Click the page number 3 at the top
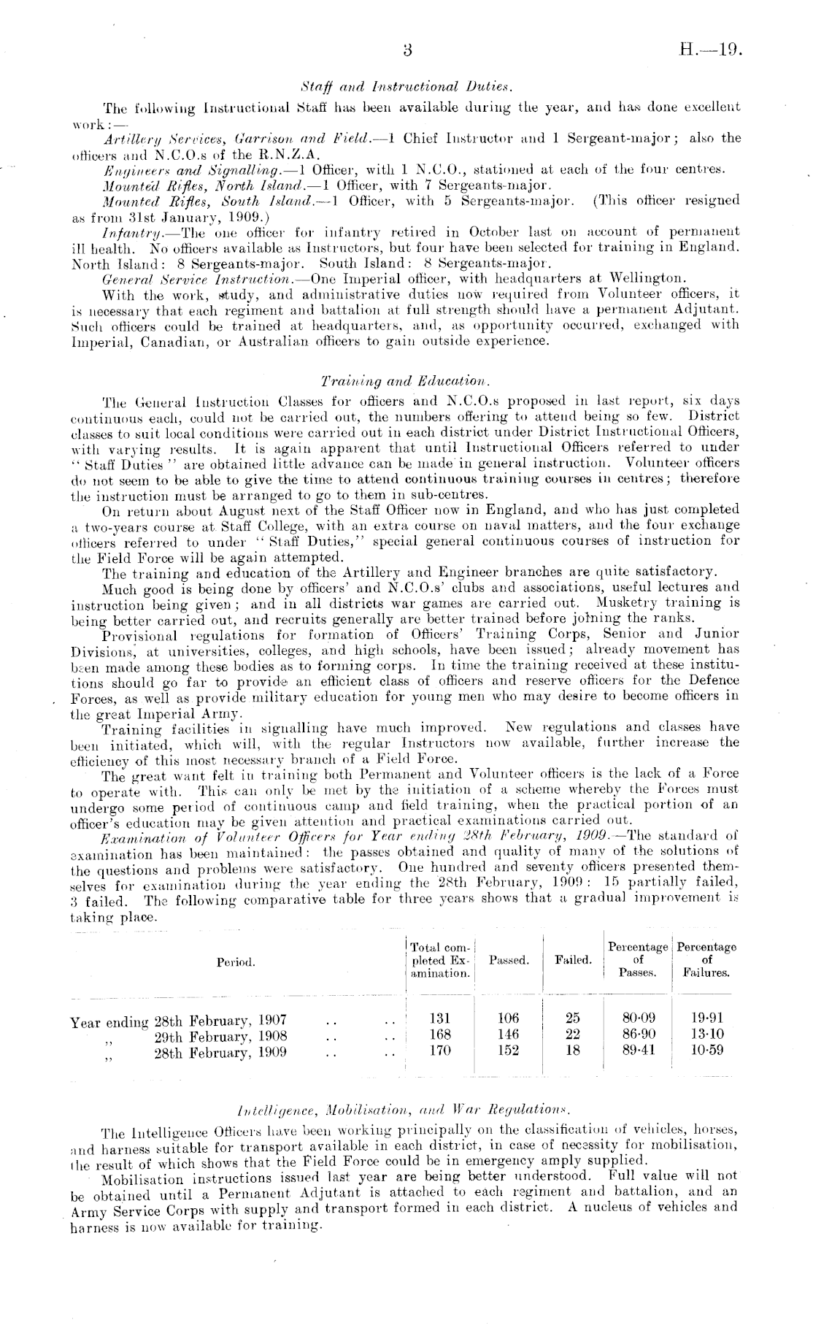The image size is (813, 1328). (408, 51)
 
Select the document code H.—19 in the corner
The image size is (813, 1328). (710, 51)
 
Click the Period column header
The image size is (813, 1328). (236, 962)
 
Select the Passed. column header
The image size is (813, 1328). (509, 960)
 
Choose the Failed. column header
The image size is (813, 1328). (573, 960)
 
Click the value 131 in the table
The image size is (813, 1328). (440, 1018)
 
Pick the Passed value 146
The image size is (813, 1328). (508, 1035)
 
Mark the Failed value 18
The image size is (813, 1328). (573, 1051)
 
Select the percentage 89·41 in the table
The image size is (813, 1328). (638, 1051)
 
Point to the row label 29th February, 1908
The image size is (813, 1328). (220, 1035)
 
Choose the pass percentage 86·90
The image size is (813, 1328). (638, 1035)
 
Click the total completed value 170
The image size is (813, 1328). (440, 1051)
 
